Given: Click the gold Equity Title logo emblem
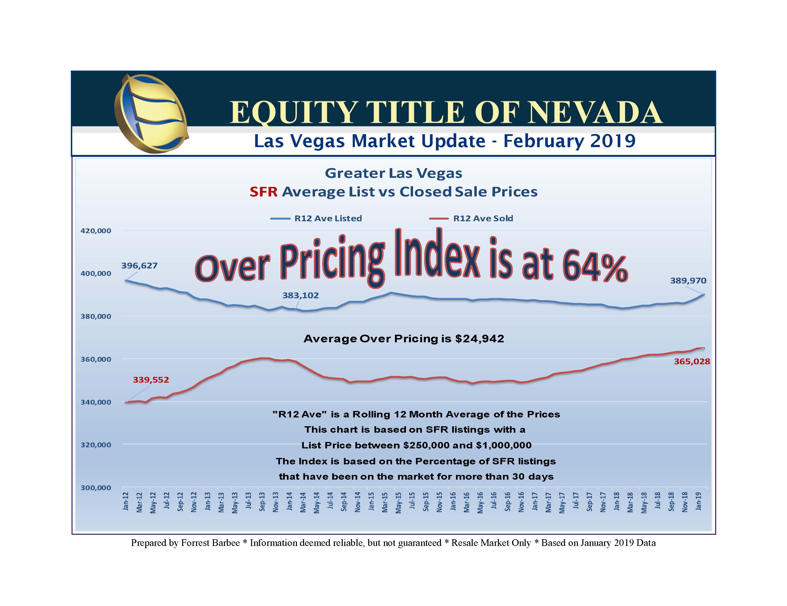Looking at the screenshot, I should tap(151, 113).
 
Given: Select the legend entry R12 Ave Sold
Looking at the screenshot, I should tap(483, 218).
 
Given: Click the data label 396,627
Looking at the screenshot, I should tap(139, 266).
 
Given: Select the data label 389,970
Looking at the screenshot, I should tap(688, 281).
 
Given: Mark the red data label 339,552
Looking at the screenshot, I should tap(151, 380).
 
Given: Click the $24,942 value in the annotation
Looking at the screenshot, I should tap(479, 339).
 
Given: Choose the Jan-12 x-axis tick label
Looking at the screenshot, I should tap(126, 501).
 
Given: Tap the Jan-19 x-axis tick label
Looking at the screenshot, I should tap(698, 501).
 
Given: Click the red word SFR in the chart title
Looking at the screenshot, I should tap(264, 192).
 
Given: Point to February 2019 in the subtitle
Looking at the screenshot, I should tap(569, 141).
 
